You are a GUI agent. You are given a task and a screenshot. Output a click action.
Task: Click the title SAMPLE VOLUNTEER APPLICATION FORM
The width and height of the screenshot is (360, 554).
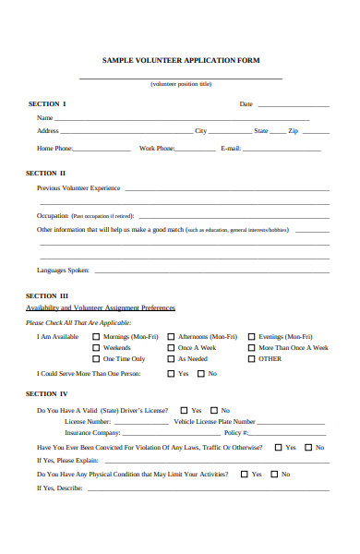click(181, 60)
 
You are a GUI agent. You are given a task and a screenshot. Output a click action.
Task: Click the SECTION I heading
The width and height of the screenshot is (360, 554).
click(46, 103)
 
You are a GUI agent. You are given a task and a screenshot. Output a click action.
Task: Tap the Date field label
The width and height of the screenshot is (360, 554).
click(246, 104)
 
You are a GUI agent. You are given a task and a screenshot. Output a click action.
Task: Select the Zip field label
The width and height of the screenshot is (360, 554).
click(294, 132)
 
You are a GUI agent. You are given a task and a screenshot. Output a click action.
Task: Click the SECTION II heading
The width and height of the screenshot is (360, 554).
click(46, 173)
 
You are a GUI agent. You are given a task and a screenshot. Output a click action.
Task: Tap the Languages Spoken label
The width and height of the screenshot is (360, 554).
click(63, 271)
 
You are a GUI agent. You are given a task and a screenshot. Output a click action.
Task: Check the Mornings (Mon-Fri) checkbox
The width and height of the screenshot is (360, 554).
click(96, 337)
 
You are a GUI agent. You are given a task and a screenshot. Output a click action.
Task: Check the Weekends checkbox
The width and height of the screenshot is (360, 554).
click(96, 348)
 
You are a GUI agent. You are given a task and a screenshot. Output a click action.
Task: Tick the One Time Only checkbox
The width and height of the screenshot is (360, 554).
click(96, 359)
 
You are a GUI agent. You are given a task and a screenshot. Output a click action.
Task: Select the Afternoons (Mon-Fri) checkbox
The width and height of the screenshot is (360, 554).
click(170, 337)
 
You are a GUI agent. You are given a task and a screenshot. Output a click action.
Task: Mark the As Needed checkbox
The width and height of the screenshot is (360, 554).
click(170, 359)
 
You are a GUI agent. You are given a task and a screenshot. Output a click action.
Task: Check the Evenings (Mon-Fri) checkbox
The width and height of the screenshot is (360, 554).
click(251, 337)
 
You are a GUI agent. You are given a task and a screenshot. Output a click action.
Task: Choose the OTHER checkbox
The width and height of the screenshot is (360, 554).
click(251, 359)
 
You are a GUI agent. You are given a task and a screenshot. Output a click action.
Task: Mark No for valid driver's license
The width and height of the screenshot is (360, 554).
click(213, 410)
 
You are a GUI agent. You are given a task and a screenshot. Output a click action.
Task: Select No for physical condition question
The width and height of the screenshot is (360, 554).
click(273, 475)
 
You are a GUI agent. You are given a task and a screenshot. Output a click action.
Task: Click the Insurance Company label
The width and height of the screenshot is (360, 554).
click(92, 432)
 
